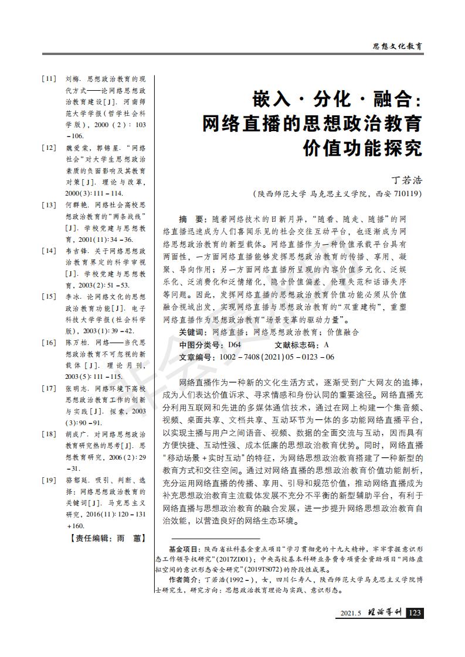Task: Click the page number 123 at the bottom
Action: click(x=415, y=612)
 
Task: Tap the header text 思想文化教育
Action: click(x=398, y=45)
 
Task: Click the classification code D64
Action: click(x=234, y=344)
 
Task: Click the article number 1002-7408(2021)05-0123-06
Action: click(x=276, y=357)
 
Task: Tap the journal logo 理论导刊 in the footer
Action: click(x=384, y=612)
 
